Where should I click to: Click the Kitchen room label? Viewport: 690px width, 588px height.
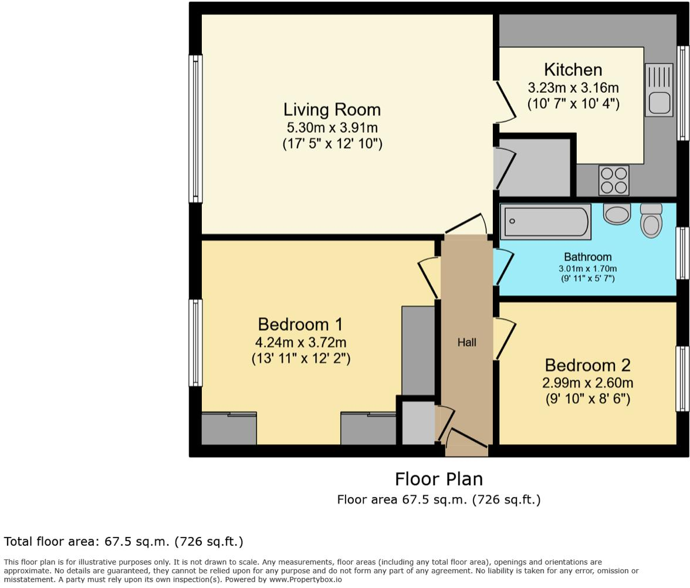pos(573,70)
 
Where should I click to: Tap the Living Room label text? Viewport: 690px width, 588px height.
pos(332,110)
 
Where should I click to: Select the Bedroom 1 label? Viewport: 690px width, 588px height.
pos(300,324)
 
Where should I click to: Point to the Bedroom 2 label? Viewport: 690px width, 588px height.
pos(587,365)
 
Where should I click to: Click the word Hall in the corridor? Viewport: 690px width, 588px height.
pos(467,342)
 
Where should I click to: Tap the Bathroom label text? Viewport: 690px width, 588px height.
pos(587,257)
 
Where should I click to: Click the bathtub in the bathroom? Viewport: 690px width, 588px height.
pos(546,222)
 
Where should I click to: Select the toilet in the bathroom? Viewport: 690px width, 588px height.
pos(651,221)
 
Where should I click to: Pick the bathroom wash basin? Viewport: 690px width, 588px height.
pos(617,215)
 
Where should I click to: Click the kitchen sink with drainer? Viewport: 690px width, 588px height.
pos(659,90)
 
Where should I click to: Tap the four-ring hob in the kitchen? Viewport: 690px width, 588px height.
pos(614,180)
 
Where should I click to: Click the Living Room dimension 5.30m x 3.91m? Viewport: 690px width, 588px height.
pos(332,127)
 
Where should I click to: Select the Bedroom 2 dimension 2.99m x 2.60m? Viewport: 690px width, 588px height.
pos(587,383)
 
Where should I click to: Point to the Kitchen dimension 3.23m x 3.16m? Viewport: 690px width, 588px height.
pos(573,88)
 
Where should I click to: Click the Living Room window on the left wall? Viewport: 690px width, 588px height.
pos(195,129)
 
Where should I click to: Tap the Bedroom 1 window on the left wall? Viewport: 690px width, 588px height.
pos(195,343)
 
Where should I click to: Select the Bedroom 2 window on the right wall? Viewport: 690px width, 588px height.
pos(682,379)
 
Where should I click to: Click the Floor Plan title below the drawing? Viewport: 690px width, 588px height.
pos(439,479)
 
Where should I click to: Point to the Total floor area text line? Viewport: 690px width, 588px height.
pos(124,541)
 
